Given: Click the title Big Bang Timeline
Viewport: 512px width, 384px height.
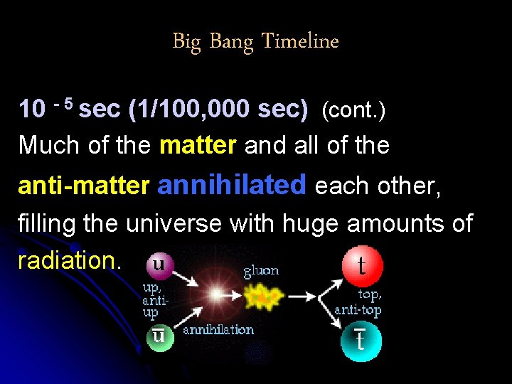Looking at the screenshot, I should [255, 42].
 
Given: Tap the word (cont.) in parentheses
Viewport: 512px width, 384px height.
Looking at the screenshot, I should [353, 110].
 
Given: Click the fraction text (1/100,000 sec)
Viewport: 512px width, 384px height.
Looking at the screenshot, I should [218, 110].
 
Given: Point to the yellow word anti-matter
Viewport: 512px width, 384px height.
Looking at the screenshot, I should [83, 186].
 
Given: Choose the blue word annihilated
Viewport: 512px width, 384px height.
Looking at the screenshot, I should [232, 185].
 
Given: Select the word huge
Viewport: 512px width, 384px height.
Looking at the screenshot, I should [311, 223].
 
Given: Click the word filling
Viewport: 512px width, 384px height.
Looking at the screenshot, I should [47, 223].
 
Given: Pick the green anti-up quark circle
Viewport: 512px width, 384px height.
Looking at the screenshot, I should [159, 336].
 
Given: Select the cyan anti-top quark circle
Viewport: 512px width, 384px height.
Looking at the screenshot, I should [361, 342].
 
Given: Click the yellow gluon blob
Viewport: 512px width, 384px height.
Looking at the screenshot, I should [263, 296].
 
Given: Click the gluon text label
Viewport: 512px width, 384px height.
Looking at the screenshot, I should [261, 271].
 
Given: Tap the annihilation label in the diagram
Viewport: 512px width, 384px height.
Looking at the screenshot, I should [218, 330].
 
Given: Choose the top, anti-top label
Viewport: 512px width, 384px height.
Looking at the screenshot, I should [358, 302].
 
